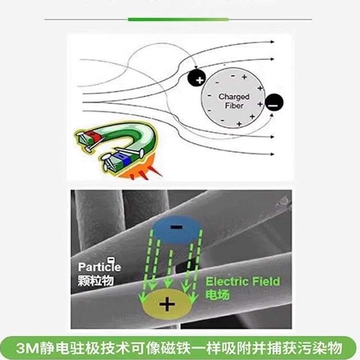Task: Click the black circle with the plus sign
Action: click(x=197, y=78)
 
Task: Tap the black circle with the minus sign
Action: click(x=274, y=103)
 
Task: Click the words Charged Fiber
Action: click(x=234, y=101)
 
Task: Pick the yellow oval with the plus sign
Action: click(x=167, y=304)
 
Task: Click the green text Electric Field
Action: click(x=242, y=281)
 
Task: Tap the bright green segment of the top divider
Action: click(x=178, y=19)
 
